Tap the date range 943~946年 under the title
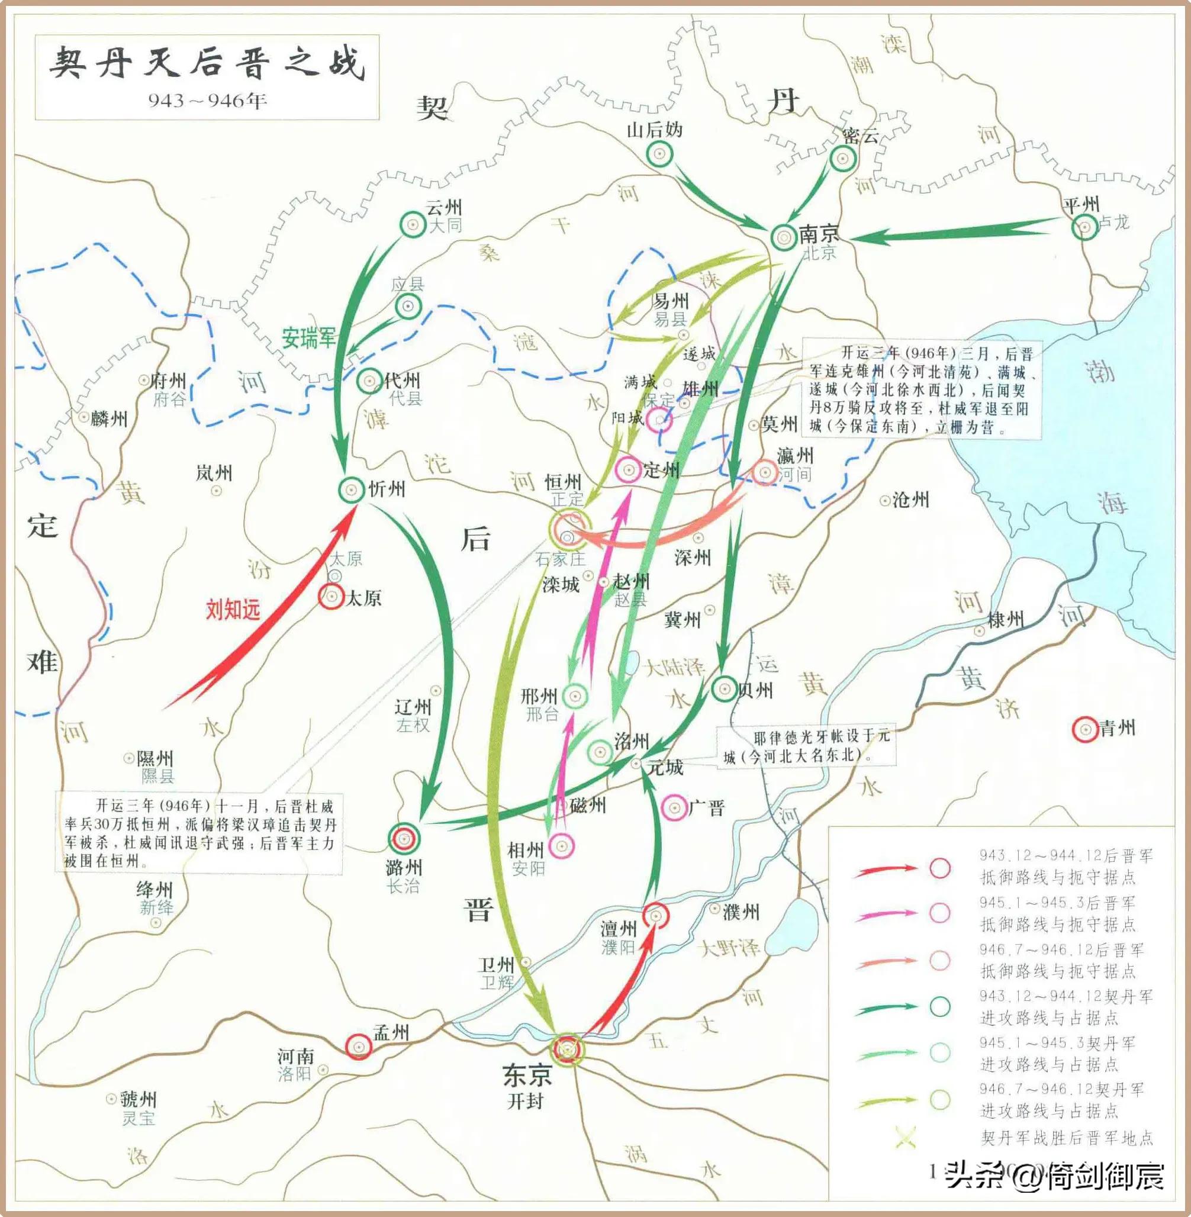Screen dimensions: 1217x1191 click(207, 100)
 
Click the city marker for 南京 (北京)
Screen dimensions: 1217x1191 click(783, 236)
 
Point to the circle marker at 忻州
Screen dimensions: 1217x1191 click(352, 490)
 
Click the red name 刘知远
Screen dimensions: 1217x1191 click(233, 608)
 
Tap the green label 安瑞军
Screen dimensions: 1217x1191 click(308, 339)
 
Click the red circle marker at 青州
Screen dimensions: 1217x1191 click(1085, 729)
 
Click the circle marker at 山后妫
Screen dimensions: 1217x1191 click(659, 153)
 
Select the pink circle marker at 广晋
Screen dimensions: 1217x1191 click(674, 808)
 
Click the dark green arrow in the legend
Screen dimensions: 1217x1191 click(886, 1007)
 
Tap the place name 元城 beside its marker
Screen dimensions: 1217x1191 click(665, 767)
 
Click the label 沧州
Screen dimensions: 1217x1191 click(910, 500)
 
